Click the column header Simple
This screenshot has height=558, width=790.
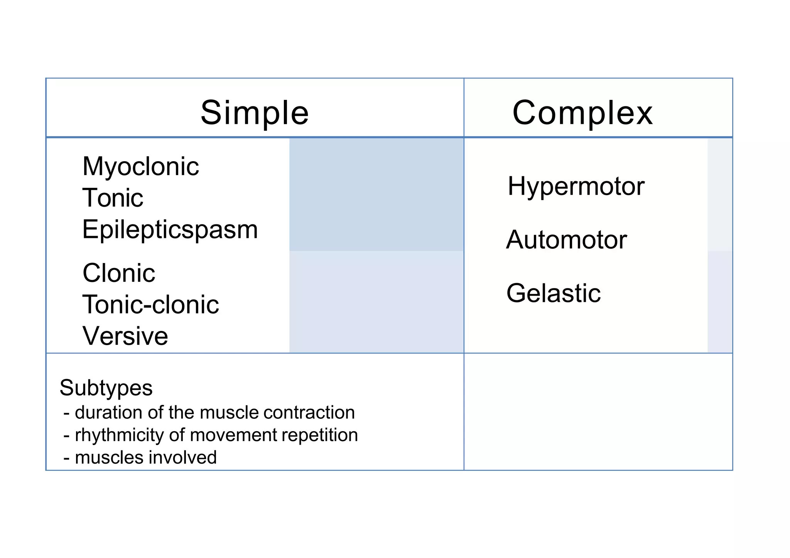pyautogui.click(x=255, y=113)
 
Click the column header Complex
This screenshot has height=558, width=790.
pyautogui.click(x=582, y=113)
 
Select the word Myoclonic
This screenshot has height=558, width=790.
pyautogui.click(x=141, y=167)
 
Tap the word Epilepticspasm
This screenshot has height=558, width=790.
pyautogui.click(x=170, y=230)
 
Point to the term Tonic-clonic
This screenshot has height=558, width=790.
pyautogui.click(x=150, y=305)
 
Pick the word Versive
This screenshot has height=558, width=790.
pyautogui.click(x=125, y=336)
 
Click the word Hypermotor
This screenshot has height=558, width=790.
pyautogui.click(x=576, y=186)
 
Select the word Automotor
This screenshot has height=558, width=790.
pyautogui.click(x=566, y=240)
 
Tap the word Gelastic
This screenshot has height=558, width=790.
pyautogui.click(x=554, y=293)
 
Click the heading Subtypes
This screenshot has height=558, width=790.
pyautogui.click(x=106, y=388)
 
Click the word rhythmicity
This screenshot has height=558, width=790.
pyautogui.click(x=120, y=435)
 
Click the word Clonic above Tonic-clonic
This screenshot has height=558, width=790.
pyautogui.click(x=119, y=273)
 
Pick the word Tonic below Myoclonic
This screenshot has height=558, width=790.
pyautogui.click(x=113, y=198)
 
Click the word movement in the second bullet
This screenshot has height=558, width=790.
pyautogui.click(x=234, y=435)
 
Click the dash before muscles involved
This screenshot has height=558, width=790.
pyautogui.click(x=67, y=458)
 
